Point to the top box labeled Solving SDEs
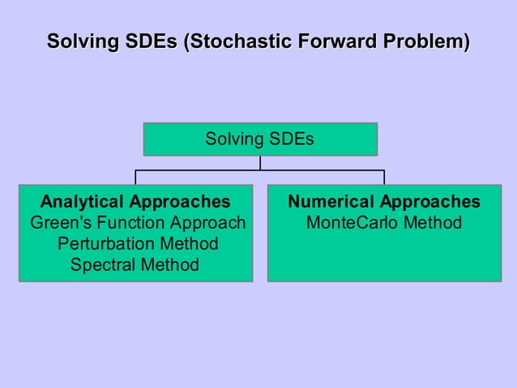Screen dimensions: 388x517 point(260,139)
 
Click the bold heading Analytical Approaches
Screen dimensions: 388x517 point(135,201)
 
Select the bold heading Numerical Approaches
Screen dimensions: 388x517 point(384,201)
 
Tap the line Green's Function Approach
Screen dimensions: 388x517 point(137,222)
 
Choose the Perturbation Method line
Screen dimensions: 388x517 point(137,244)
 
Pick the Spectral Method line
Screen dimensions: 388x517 point(135,265)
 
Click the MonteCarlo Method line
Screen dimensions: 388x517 point(384,222)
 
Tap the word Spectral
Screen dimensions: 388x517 point(103,265)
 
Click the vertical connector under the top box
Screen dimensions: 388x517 point(260,162)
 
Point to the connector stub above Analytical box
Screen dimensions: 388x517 point(135,178)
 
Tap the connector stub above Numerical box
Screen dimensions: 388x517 point(384,178)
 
